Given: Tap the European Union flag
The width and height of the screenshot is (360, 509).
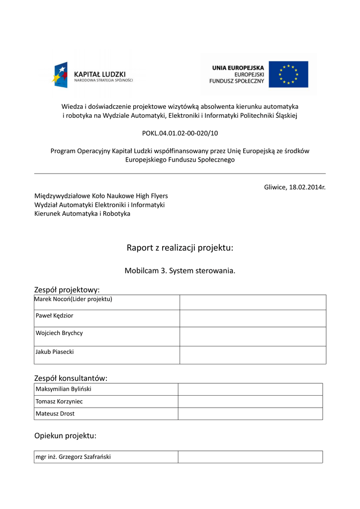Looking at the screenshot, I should point(288,74).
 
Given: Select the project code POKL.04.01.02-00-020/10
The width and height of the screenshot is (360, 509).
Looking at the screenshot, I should point(180,133).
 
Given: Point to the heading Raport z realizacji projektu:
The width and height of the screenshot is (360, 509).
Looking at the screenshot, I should point(180,248).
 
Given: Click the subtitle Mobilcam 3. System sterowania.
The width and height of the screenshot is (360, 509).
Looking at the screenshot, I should point(180,271).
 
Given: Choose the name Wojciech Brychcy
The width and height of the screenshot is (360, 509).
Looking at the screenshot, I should point(59,333).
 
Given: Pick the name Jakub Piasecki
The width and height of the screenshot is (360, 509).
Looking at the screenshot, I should point(55,352).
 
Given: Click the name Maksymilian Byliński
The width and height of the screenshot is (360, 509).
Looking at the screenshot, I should point(64,389).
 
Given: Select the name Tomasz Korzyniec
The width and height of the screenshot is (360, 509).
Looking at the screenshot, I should point(59,401).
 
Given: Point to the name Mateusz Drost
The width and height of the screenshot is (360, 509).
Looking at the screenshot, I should point(55,414).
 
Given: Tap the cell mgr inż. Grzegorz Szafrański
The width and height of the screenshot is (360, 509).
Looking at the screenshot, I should point(73,457).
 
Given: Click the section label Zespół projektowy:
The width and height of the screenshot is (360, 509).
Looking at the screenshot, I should point(67,289).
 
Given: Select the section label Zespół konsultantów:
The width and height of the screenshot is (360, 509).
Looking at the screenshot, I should point(71,378).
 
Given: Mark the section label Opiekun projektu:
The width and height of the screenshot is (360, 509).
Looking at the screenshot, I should point(65,436).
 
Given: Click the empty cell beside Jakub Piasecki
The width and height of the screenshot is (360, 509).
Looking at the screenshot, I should point(253,355).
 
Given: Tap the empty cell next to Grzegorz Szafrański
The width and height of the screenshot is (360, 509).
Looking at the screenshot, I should point(250,457).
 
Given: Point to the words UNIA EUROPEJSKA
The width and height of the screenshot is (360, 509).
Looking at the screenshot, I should point(238,67).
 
